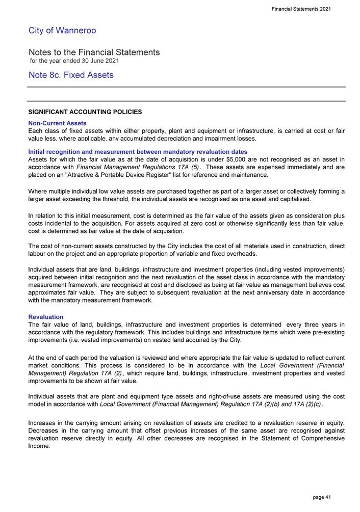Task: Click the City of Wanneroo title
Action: coord(62,31)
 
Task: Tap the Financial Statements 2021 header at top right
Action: coord(301,9)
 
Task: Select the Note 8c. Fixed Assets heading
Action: coord(71,75)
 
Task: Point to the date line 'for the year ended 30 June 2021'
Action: coord(74,61)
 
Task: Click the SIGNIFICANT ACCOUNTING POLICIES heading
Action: coord(85,112)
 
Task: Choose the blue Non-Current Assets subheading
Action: coord(57,123)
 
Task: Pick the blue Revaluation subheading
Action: coord(46,317)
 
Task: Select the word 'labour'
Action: coord(38,253)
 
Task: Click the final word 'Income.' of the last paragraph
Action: coord(39,446)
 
